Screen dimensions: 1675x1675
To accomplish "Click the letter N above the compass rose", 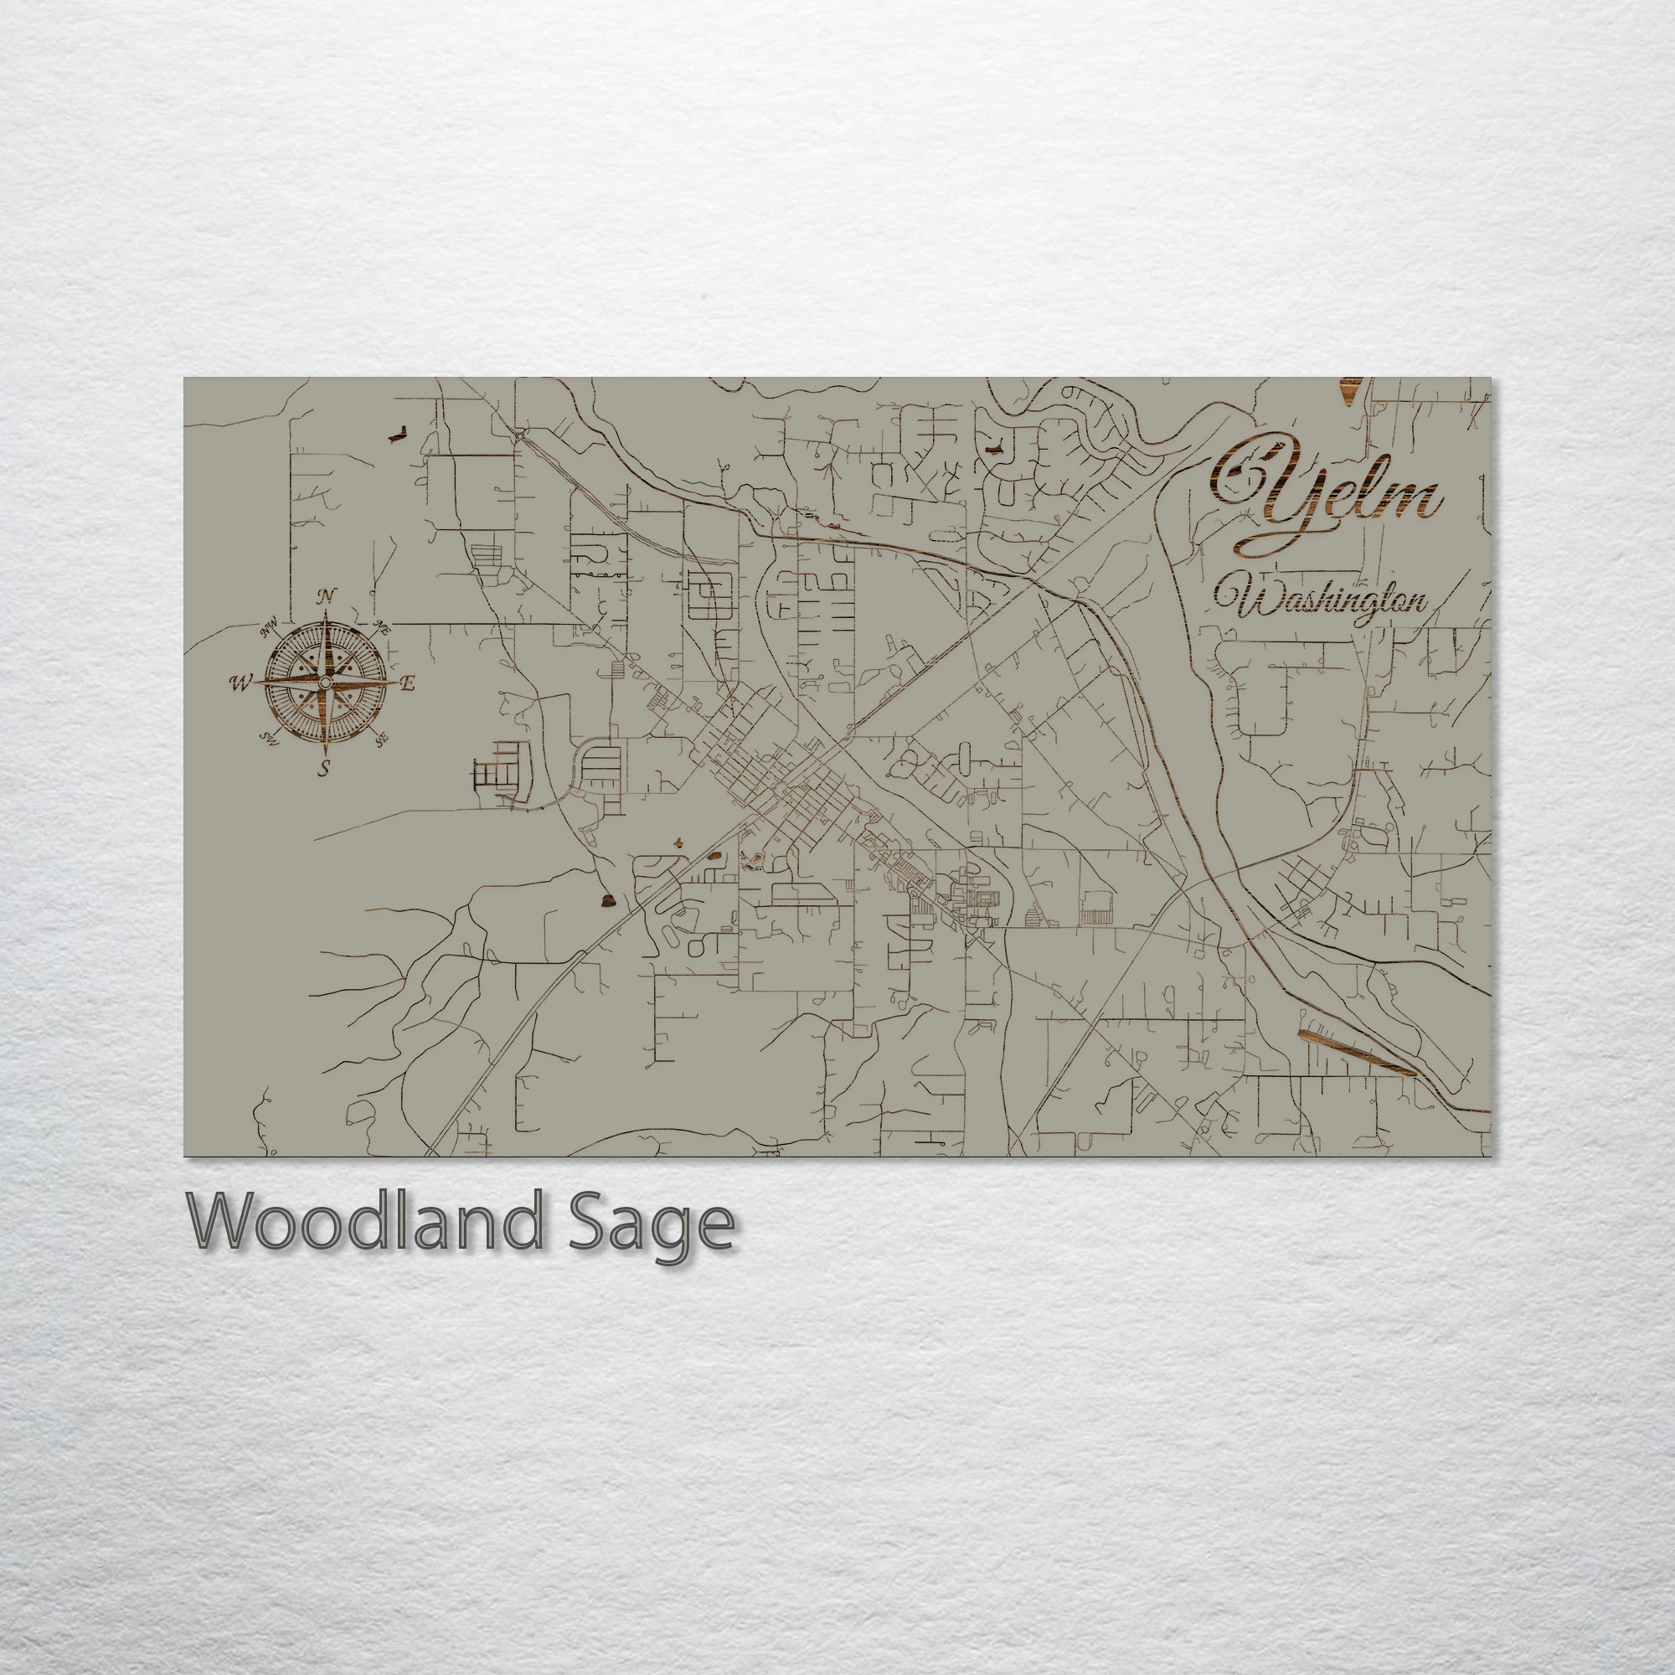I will [327, 596].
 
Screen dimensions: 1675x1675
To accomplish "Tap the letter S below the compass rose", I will [323, 767].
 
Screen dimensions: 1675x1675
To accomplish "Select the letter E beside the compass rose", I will [408, 683].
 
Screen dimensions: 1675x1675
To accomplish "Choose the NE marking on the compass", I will [381, 626].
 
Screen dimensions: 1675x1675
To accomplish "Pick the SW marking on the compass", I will [268, 738].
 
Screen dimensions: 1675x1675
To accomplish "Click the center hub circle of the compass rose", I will [324, 683].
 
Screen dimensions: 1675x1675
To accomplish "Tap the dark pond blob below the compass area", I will [608, 902].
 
